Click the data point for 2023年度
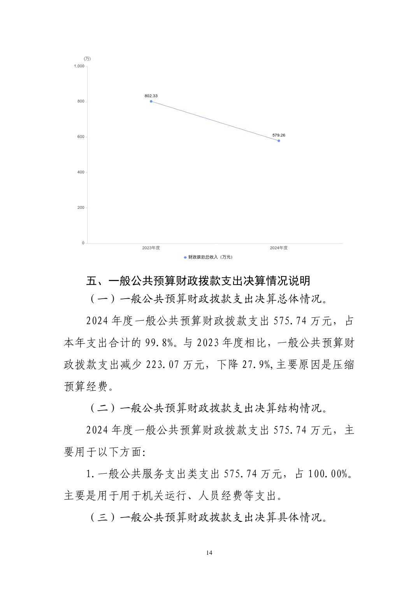click(x=151, y=101)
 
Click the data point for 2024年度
click(x=279, y=141)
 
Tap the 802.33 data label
click(x=151, y=96)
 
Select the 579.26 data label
click(x=279, y=135)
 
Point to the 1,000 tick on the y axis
click(x=79, y=66)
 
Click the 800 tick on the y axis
click(x=81, y=101)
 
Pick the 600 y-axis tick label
click(x=81, y=137)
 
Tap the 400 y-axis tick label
click(x=81, y=172)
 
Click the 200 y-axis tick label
click(x=81, y=208)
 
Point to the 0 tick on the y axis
click(x=83, y=243)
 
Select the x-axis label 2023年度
click(x=151, y=248)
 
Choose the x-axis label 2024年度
click(x=279, y=248)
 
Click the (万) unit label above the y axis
click(x=87, y=59)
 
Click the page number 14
click(x=209, y=553)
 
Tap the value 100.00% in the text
click(x=327, y=474)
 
